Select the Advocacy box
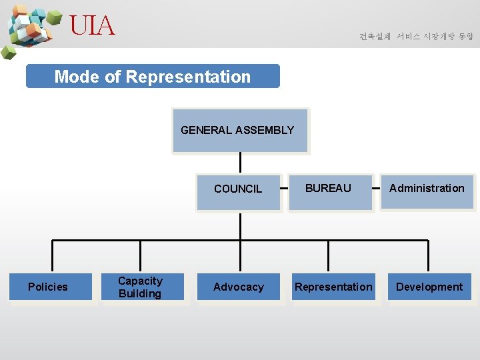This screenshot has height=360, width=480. (x=239, y=287)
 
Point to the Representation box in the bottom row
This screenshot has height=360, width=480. (x=333, y=287)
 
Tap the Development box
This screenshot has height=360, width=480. (x=429, y=287)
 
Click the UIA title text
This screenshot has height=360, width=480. (x=92, y=27)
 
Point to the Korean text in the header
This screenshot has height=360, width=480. (x=416, y=37)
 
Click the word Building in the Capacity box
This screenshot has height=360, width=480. (x=140, y=294)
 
